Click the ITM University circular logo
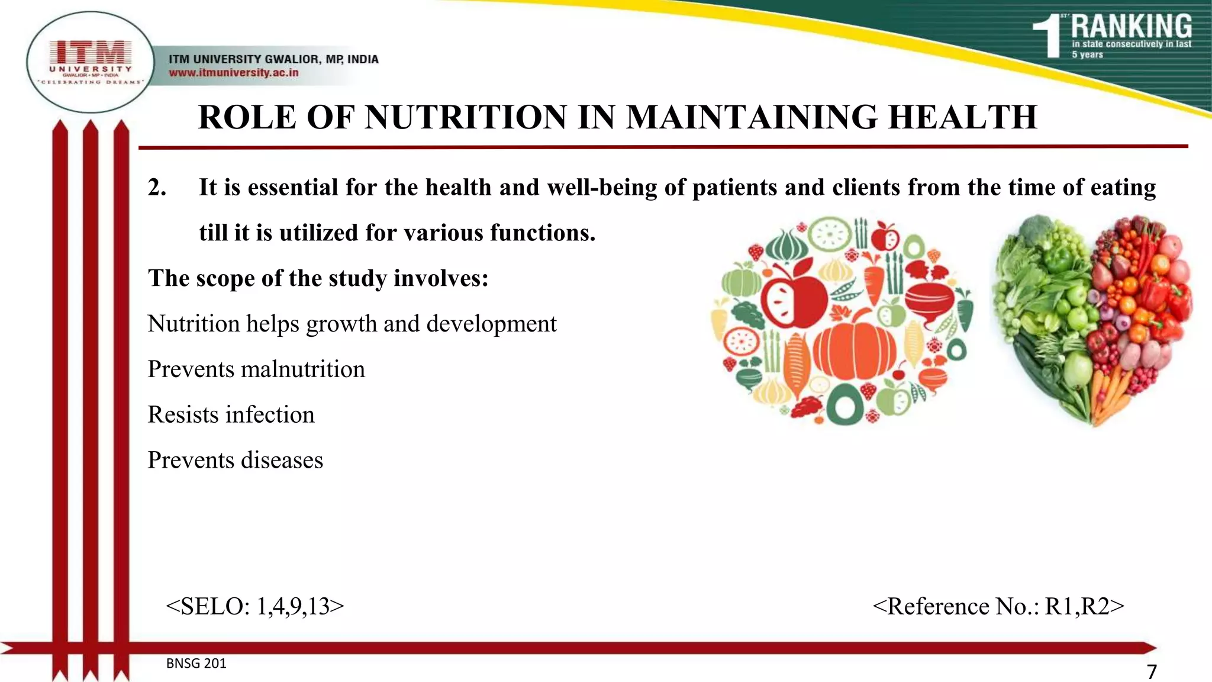click(x=90, y=62)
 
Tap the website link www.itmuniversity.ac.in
click(x=233, y=73)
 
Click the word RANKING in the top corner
click(x=1131, y=27)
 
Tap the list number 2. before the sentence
click(x=157, y=188)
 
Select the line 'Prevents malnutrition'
click(x=256, y=369)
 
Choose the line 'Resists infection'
click(x=231, y=414)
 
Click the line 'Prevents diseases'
click(x=235, y=460)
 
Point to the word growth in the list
click(x=341, y=324)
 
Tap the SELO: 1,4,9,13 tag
click(x=255, y=606)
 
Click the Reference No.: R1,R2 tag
click(x=998, y=606)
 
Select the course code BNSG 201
click(x=196, y=664)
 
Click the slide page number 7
click(x=1152, y=672)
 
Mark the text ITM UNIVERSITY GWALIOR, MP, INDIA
click(x=273, y=59)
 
